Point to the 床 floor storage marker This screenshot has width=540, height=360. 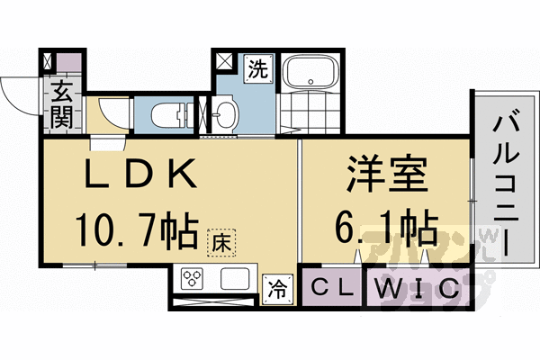pos(220,241)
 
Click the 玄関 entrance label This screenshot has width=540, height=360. pos(62,102)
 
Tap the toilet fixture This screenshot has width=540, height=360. pos(171,114)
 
